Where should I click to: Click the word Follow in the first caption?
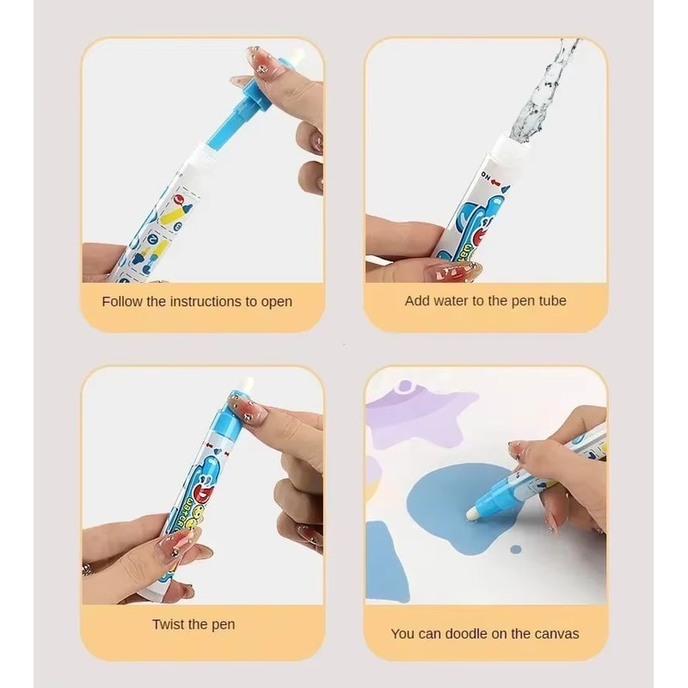[x=120, y=302]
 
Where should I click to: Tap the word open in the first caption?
[x=274, y=302]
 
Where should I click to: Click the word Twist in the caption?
[x=169, y=624]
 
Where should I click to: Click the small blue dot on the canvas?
[x=515, y=548]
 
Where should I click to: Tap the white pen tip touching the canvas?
[x=473, y=513]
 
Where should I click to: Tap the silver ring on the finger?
[x=88, y=569]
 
